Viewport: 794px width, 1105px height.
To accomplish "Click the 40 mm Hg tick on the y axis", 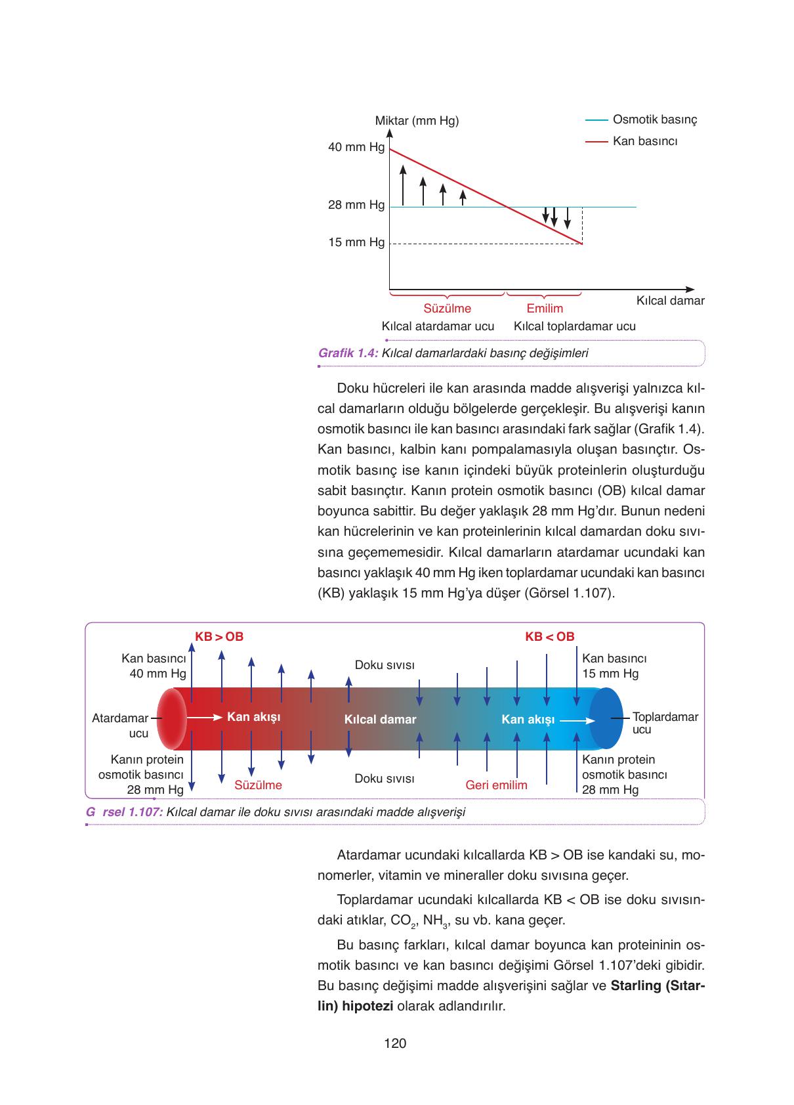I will [x=356, y=147].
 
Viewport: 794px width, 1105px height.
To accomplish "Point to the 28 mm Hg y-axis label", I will [x=356, y=205].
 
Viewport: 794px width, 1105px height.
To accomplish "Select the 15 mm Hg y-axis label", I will [x=356, y=242].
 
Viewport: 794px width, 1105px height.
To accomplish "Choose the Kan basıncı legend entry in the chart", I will [x=644, y=141].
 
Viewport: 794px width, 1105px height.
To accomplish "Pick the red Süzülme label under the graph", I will [x=447, y=309].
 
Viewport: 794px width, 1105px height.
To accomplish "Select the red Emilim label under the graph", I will [x=545, y=309].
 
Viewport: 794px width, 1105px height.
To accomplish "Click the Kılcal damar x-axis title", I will [x=670, y=301].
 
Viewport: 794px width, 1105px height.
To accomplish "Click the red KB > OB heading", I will [x=219, y=637].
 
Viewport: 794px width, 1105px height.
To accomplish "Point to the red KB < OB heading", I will [x=549, y=637].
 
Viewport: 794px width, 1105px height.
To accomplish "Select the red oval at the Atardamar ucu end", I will [x=171, y=718].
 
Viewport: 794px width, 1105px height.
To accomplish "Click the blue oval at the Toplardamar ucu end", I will [x=606, y=718].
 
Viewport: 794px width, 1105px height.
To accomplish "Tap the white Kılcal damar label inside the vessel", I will [x=380, y=720].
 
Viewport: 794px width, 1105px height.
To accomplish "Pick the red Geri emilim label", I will [x=496, y=785].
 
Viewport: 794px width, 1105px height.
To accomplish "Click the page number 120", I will [x=396, y=1043].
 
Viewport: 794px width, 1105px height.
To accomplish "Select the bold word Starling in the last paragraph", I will [x=635, y=986].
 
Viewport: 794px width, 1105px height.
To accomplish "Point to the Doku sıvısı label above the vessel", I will [x=385, y=665].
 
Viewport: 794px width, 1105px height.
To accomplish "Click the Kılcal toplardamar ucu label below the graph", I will [x=574, y=326].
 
